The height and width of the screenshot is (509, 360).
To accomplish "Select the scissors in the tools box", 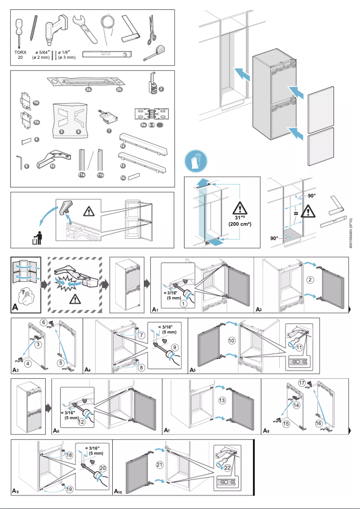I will pyautogui.click(x=151, y=30).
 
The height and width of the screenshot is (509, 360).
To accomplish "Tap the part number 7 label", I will pyautogui.click(x=109, y=131).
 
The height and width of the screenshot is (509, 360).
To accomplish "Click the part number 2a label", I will pyautogui.click(x=88, y=89).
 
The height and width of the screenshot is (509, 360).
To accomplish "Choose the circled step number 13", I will pyautogui.click(x=222, y=400).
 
